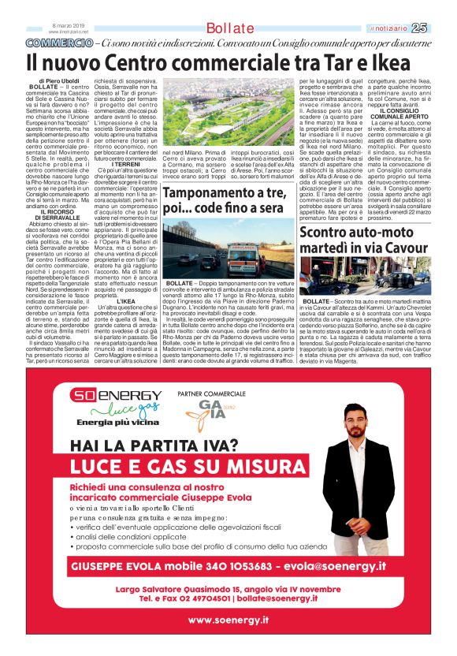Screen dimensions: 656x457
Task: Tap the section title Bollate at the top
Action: click(230, 28)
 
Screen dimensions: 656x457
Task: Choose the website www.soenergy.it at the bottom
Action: click(228, 621)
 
